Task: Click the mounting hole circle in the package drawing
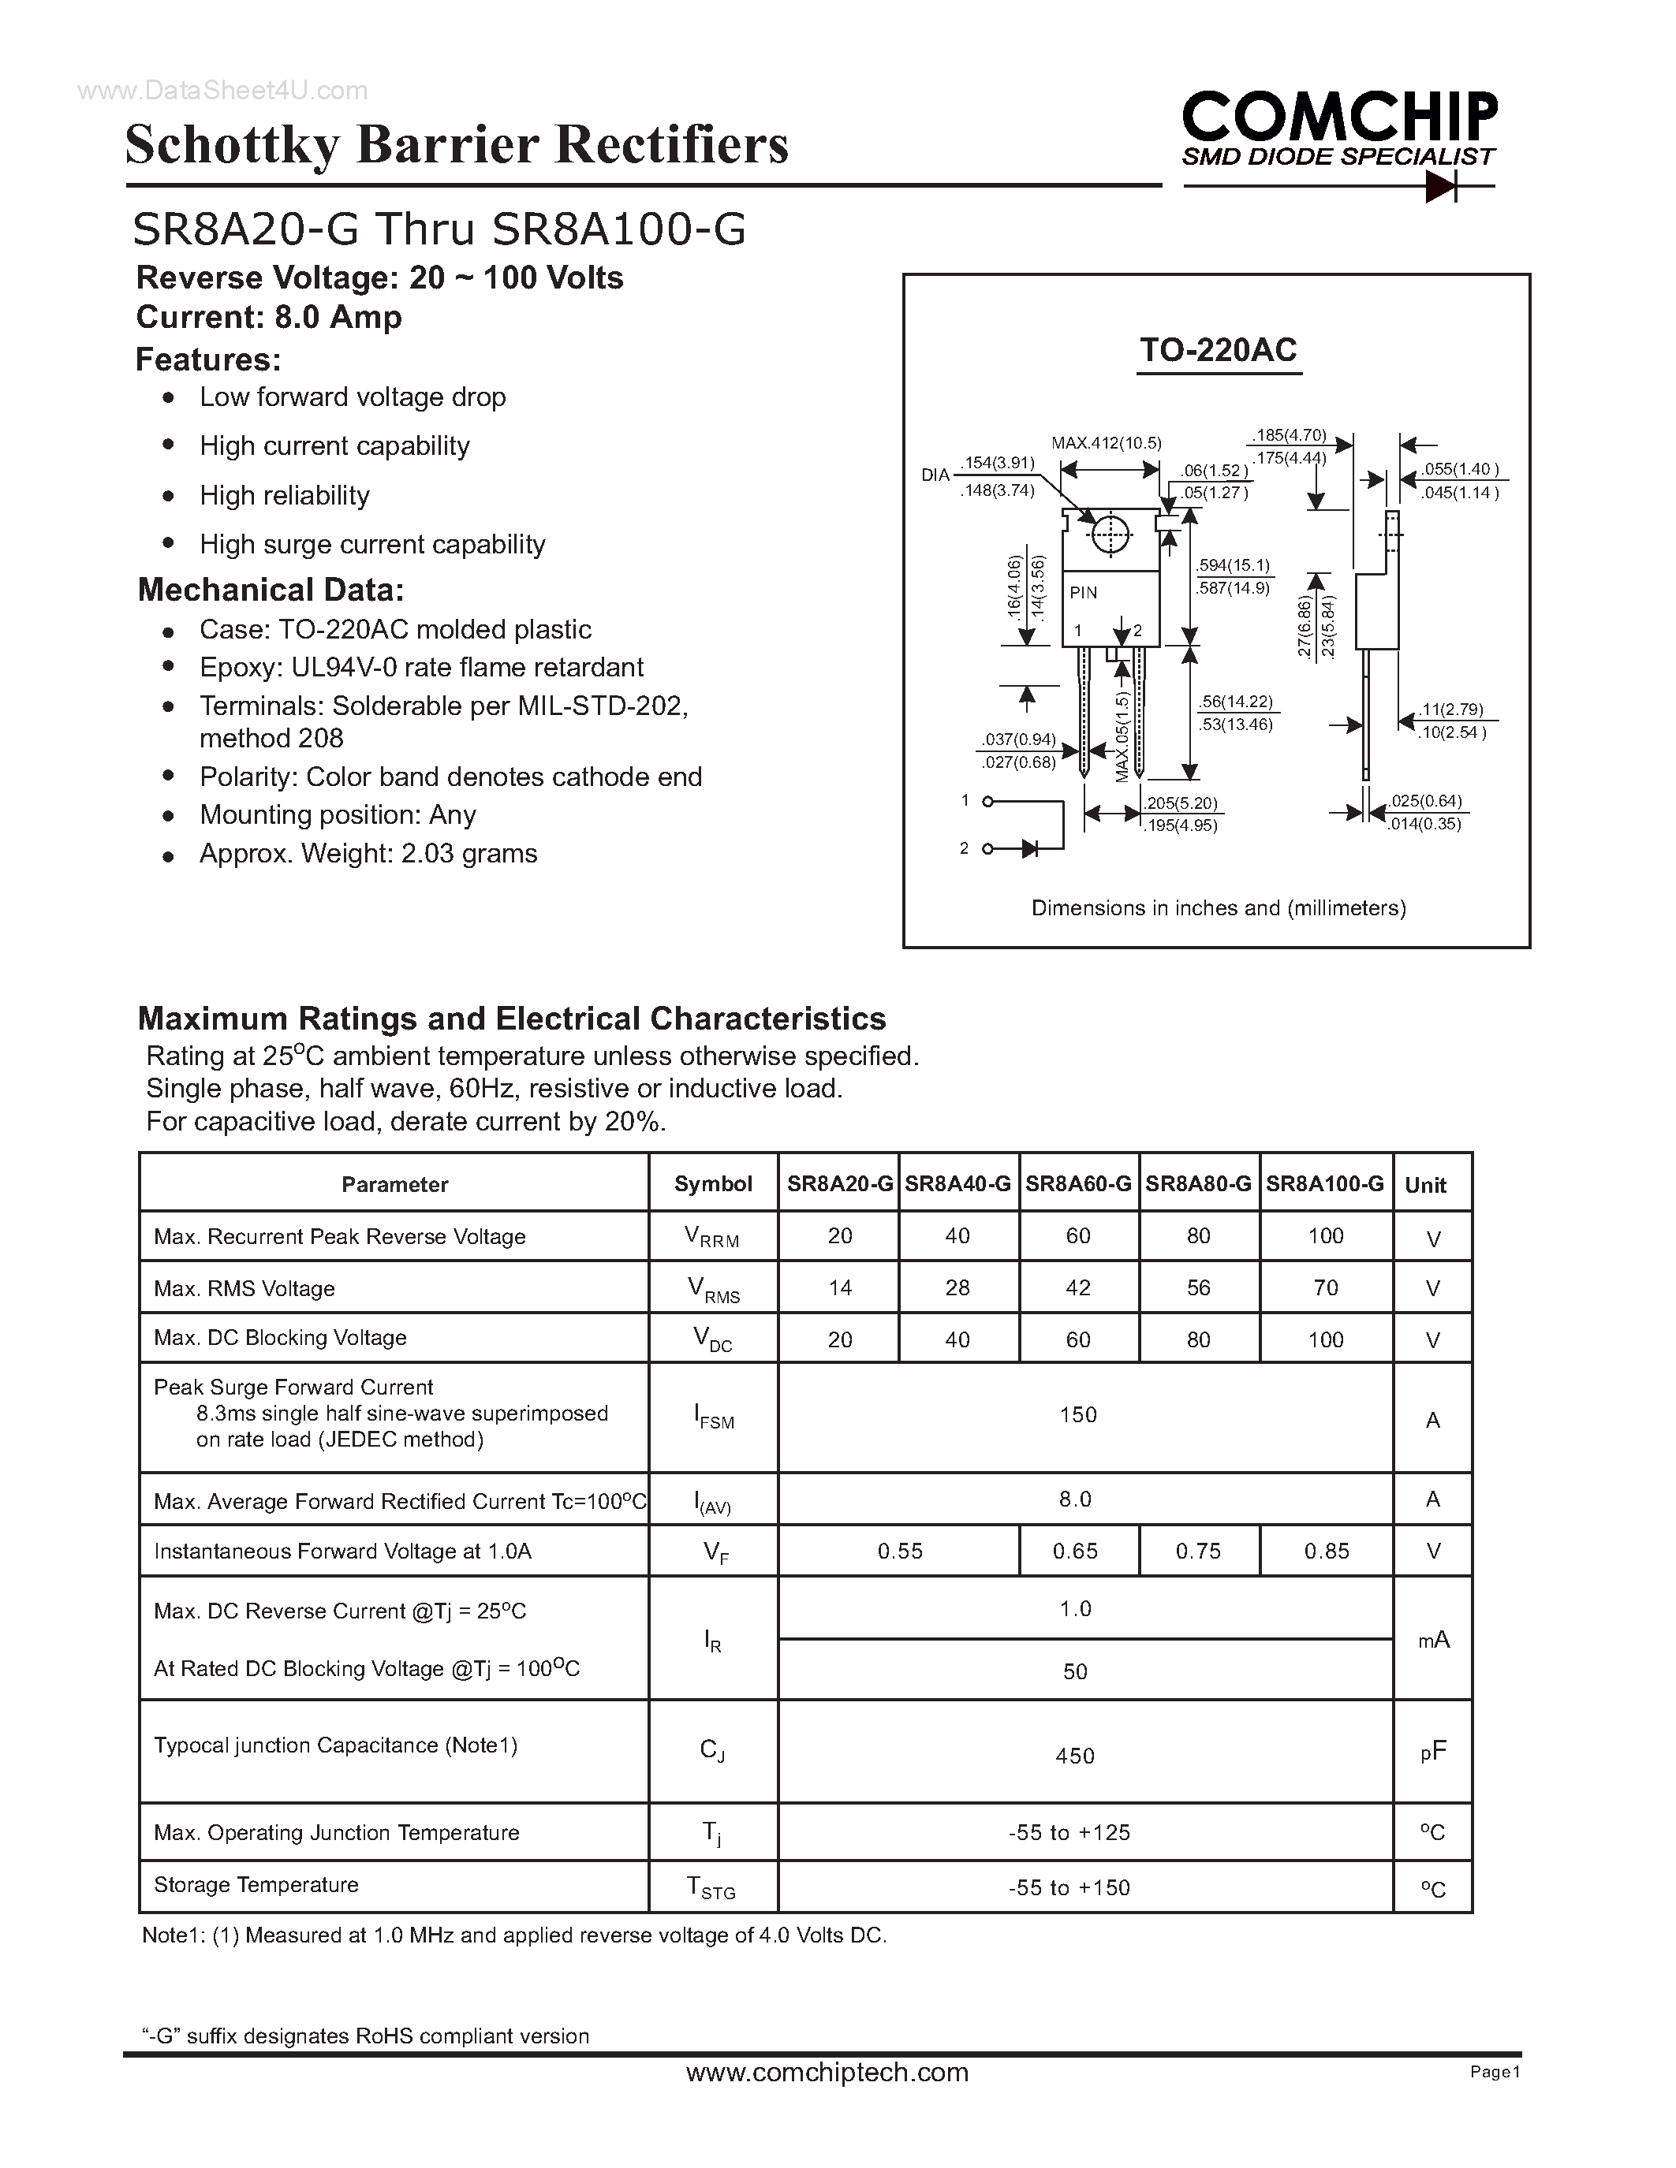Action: pos(1110,536)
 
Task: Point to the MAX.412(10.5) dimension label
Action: pos(1106,443)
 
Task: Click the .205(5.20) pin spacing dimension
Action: pos(1181,803)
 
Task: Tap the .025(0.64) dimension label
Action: pos(1426,801)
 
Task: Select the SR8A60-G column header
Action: pos(1078,1183)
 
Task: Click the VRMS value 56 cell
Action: pos(1198,1287)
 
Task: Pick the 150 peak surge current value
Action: pos(1077,1414)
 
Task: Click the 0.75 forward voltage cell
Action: pos(1198,1551)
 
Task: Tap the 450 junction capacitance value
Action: pos(1075,1756)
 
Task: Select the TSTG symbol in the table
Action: pos(711,1887)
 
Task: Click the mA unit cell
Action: pos(1433,1640)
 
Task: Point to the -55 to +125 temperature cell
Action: pos(1069,1832)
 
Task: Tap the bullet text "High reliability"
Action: pos(284,495)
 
